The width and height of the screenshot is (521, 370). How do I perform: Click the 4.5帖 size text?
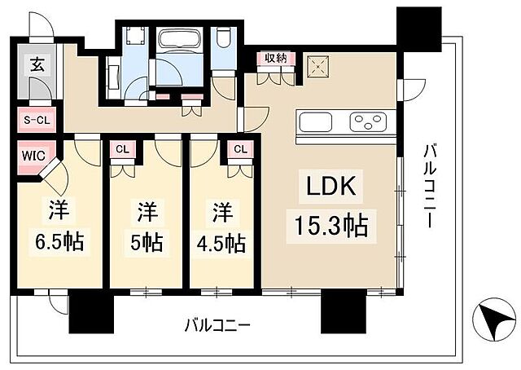tap(219, 241)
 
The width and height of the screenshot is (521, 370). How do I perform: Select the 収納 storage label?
tap(275, 59)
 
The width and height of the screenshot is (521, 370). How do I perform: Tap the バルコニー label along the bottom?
tap(216, 324)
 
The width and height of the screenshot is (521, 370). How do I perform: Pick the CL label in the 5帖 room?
tap(122, 149)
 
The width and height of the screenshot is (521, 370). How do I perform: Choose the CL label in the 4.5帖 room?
tap(240, 149)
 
